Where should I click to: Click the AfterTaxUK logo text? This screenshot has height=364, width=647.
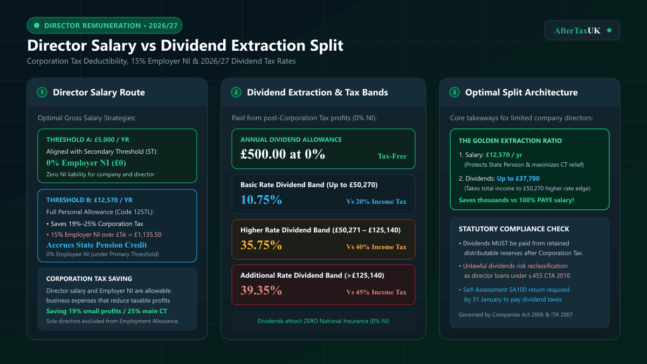(577, 30)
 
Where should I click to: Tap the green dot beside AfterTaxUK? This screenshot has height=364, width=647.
(609, 30)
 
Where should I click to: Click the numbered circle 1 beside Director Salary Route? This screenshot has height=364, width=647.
(42, 92)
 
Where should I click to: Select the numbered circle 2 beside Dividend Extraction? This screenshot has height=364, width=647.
(236, 92)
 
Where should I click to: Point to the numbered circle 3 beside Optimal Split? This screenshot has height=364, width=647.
(455, 92)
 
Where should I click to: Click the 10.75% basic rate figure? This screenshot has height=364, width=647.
(261, 200)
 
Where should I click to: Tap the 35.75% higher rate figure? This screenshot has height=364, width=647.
(261, 245)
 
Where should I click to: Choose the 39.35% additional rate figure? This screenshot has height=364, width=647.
(261, 290)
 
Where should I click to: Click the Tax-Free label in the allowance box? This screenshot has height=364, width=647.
(392, 156)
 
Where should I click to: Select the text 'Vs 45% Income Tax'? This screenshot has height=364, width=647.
(376, 292)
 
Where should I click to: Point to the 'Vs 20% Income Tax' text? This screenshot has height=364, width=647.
(376, 201)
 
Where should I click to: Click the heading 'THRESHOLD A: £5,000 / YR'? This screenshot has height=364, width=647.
(88, 140)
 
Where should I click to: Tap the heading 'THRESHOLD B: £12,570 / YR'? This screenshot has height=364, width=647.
(90, 200)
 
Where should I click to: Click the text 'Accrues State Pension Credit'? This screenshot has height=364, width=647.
(97, 245)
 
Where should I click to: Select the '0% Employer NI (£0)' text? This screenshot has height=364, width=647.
(86, 163)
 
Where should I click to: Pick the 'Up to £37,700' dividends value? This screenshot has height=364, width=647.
(518, 178)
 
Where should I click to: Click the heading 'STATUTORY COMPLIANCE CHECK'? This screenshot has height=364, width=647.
(514, 229)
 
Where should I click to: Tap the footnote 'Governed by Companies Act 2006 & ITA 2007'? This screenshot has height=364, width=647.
(515, 314)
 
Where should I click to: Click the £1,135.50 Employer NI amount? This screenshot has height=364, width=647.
(148, 235)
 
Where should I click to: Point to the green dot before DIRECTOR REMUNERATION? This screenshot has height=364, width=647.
(37, 25)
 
